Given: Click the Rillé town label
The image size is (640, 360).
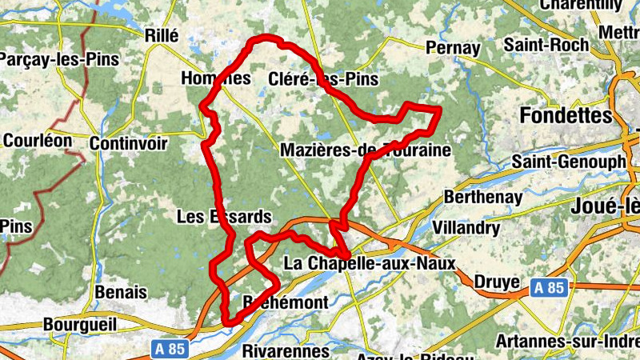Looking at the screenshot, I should (x=162, y=34).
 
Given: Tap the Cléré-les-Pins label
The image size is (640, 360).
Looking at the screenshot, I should (x=323, y=79).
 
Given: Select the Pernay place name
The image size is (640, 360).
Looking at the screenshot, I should (x=453, y=48).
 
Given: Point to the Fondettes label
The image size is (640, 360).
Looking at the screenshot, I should (x=566, y=116).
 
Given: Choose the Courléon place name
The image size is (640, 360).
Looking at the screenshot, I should (x=37, y=141).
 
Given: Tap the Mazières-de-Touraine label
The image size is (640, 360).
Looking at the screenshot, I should (x=366, y=150).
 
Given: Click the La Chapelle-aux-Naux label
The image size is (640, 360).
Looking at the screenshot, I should (x=370, y=263).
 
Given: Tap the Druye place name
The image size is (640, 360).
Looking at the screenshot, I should (x=498, y=282).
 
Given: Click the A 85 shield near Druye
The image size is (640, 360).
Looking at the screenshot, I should (x=550, y=287).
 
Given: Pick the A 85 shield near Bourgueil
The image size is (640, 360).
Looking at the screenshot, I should (x=168, y=349).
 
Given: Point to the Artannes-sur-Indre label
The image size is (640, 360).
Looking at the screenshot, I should (x=567, y=342).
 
